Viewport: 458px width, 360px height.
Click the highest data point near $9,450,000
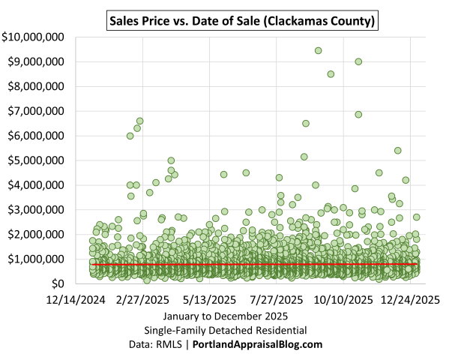(318, 50)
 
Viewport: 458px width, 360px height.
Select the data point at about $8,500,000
(331, 73)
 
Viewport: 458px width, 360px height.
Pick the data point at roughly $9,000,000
(358, 61)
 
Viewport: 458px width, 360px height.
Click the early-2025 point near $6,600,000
(139, 121)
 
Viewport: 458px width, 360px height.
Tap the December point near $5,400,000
(398, 151)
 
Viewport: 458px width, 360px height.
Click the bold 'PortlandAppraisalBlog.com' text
(258, 344)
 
